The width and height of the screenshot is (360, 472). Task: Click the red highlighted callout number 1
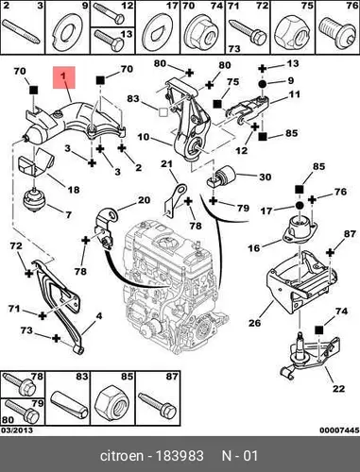pyautogui.click(x=64, y=77)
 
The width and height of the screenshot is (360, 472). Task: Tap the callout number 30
pyautogui.click(x=265, y=177)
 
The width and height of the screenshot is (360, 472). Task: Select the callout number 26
pyautogui.click(x=254, y=323)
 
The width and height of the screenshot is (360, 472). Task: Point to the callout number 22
pyautogui.click(x=339, y=389)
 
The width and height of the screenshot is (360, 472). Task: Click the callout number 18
pyautogui.click(x=73, y=190)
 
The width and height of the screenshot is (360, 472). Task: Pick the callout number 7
pyautogui.click(x=68, y=215)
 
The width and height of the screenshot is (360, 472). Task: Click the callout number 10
pyautogui.click(x=144, y=137)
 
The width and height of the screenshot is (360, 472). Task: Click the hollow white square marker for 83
pyautogui.click(x=163, y=111)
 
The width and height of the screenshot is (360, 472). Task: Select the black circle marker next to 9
pyautogui.click(x=263, y=84)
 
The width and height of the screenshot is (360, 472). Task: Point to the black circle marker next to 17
pyautogui.click(x=299, y=206)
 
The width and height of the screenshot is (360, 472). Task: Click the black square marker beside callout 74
pyautogui.click(x=319, y=330)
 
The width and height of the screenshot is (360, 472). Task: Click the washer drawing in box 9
pyautogui.click(x=67, y=32)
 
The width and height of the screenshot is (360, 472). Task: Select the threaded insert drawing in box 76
pyautogui.click(x=336, y=32)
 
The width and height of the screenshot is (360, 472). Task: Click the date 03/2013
pyautogui.click(x=17, y=430)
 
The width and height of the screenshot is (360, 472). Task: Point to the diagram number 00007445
pyautogui.click(x=339, y=430)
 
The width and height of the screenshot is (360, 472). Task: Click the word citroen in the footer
pyautogui.click(x=122, y=456)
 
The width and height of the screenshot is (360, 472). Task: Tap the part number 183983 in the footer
pyautogui.click(x=180, y=456)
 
